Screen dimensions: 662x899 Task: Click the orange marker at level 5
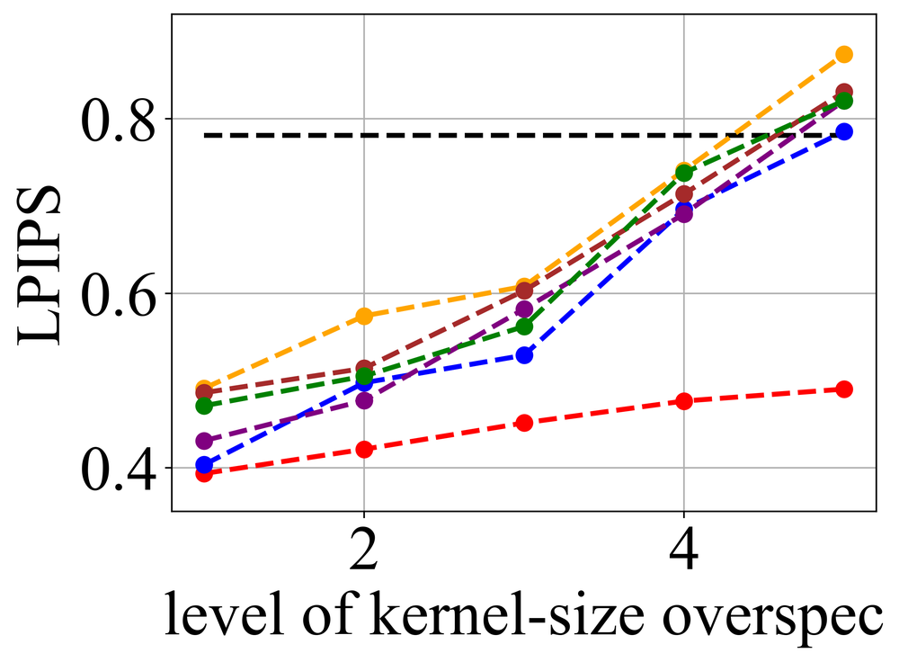[x=844, y=54]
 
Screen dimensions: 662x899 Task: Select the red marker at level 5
[x=844, y=389]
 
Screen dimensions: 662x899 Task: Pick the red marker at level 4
[x=684, y=401]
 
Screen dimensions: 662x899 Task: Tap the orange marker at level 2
[x=364, y=316]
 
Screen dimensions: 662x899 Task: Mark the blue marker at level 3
[x=524, y=355]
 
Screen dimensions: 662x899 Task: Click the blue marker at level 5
[x=844, y=131]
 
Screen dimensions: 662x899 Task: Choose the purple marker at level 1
[x=204, y=441]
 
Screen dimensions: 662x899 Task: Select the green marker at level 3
[x=524, y=327]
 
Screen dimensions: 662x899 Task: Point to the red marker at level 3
[x=524, y=423]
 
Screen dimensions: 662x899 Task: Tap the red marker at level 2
[x=364, y=449]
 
